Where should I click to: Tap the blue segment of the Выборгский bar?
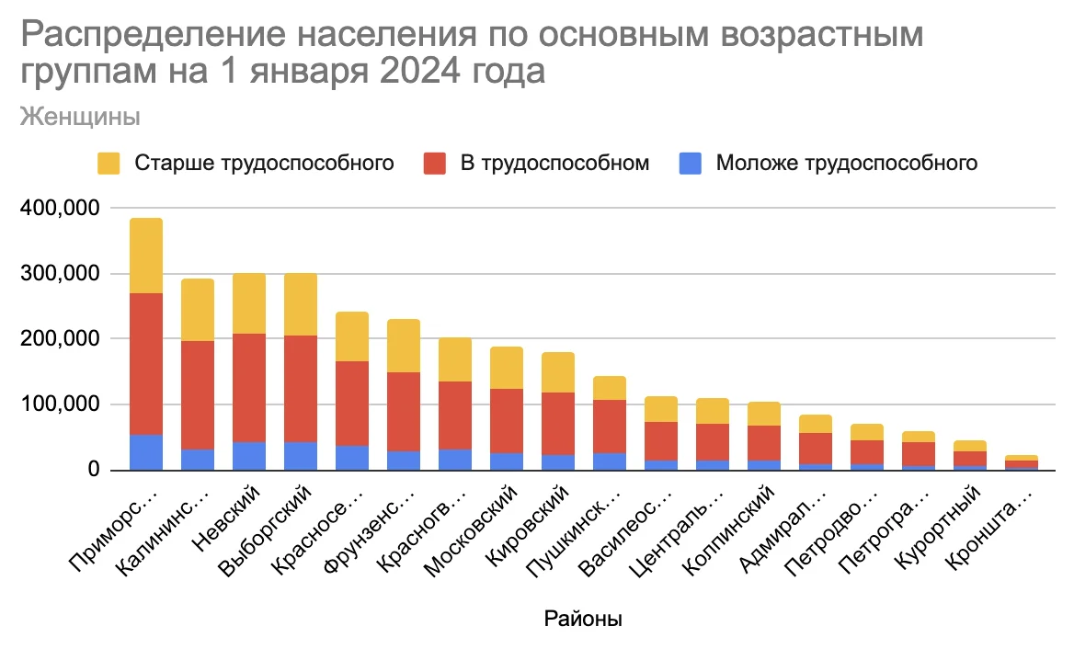[x=301, y=456]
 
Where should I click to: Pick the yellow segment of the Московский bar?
[x=507, y=368]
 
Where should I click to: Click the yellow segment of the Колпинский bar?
[x=764, y=414]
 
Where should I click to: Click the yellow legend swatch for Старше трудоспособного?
[x=109, y=164]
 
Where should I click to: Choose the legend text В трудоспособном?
[x=554, y=164]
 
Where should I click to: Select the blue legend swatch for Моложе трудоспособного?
[x=691, y=164]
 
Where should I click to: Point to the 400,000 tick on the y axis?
[x=61, y=209]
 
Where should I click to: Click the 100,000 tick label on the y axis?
[x=61, y=404]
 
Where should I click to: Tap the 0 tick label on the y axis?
[x=92, y=470]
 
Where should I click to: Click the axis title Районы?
[x=583, y=619]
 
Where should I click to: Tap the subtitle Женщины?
[x=80, y=117]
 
